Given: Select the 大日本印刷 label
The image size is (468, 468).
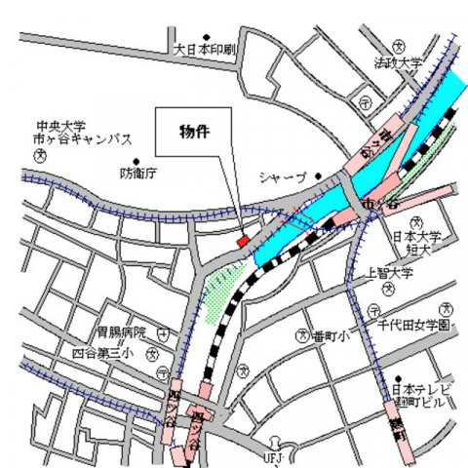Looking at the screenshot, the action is pyautogui.click(x=206, y=49).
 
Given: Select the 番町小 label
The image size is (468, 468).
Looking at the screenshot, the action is pyautogui.click(x=330, y=335).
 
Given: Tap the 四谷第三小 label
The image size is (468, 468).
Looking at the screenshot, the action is pyautogui.click(x=99, y=353).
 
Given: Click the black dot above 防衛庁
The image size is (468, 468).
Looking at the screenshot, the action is pyautogui.click(x=138, y=160).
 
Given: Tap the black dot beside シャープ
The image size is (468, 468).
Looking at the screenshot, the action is pyautogui.click(x=318, y=175).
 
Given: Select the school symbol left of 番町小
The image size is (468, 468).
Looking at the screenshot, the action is pyautogui.click(x=301, y=335).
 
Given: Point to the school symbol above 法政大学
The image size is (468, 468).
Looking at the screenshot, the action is pyautogui.click(x=397, y=46).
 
